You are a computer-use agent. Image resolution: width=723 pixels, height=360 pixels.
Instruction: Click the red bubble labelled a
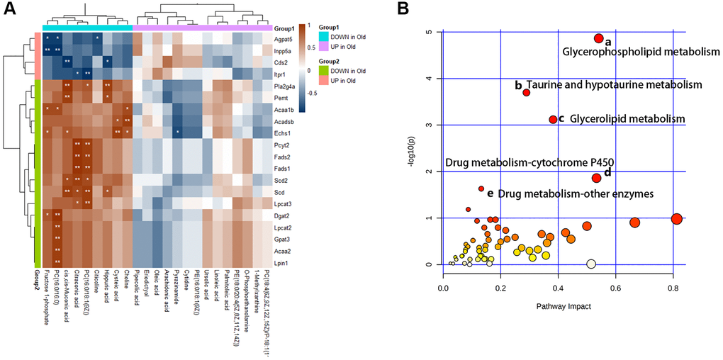598,39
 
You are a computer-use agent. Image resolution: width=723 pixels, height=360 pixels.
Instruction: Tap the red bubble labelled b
527,92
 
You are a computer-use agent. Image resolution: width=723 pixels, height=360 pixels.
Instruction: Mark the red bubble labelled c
552,120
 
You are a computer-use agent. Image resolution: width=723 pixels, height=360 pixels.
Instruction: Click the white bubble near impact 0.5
591,264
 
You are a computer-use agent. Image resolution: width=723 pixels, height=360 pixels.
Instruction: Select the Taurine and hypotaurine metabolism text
613,85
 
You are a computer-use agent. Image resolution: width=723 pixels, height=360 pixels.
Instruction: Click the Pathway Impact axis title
559,305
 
